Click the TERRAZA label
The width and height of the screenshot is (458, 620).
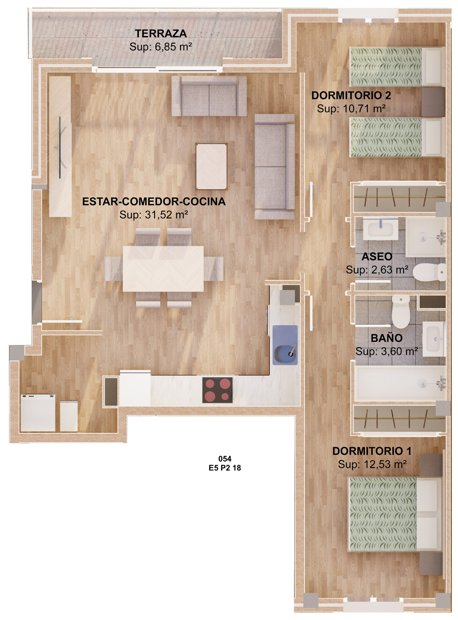[161, 34]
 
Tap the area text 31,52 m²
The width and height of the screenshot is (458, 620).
[166, 215]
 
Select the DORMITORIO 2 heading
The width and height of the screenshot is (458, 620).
[351, 95]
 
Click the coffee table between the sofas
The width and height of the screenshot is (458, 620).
[211, 167]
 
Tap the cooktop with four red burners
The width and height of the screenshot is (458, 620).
[217, 390]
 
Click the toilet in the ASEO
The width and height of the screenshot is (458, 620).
[429, 272]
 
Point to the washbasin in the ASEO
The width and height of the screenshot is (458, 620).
[380, 229]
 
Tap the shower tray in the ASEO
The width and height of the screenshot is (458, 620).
[426, 237]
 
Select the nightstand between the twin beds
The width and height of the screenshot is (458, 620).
[433, 102]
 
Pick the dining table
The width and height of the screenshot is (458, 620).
[163, 269]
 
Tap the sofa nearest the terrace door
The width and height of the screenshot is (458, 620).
[209, 96]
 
